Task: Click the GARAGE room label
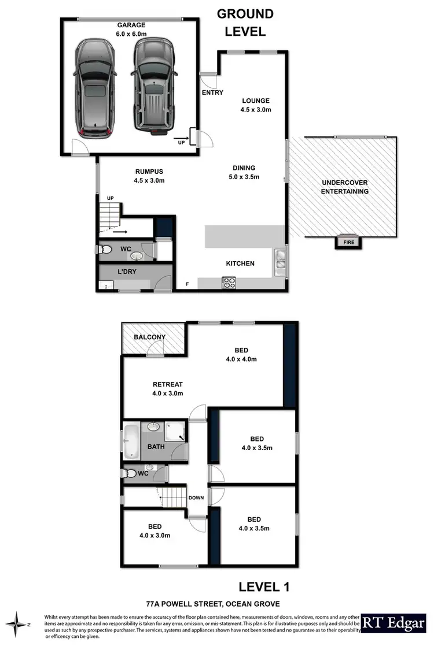click(x=131, y=25)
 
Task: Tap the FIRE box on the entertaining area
click(x=350, y=243)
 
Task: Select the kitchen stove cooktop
click(x=229, y=283)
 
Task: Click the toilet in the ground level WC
click(x=105, y=250)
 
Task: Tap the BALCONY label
click(x=149, y=337)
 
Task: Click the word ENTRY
click(x=212, y=92)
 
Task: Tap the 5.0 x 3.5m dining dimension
click(x=242, y=177)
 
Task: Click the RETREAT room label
click(x=168, y=384)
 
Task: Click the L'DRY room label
click(x=126, y=271)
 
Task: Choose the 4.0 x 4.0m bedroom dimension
click(x=241, y=359)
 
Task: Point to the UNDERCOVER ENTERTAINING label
click(x=345, y=187)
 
